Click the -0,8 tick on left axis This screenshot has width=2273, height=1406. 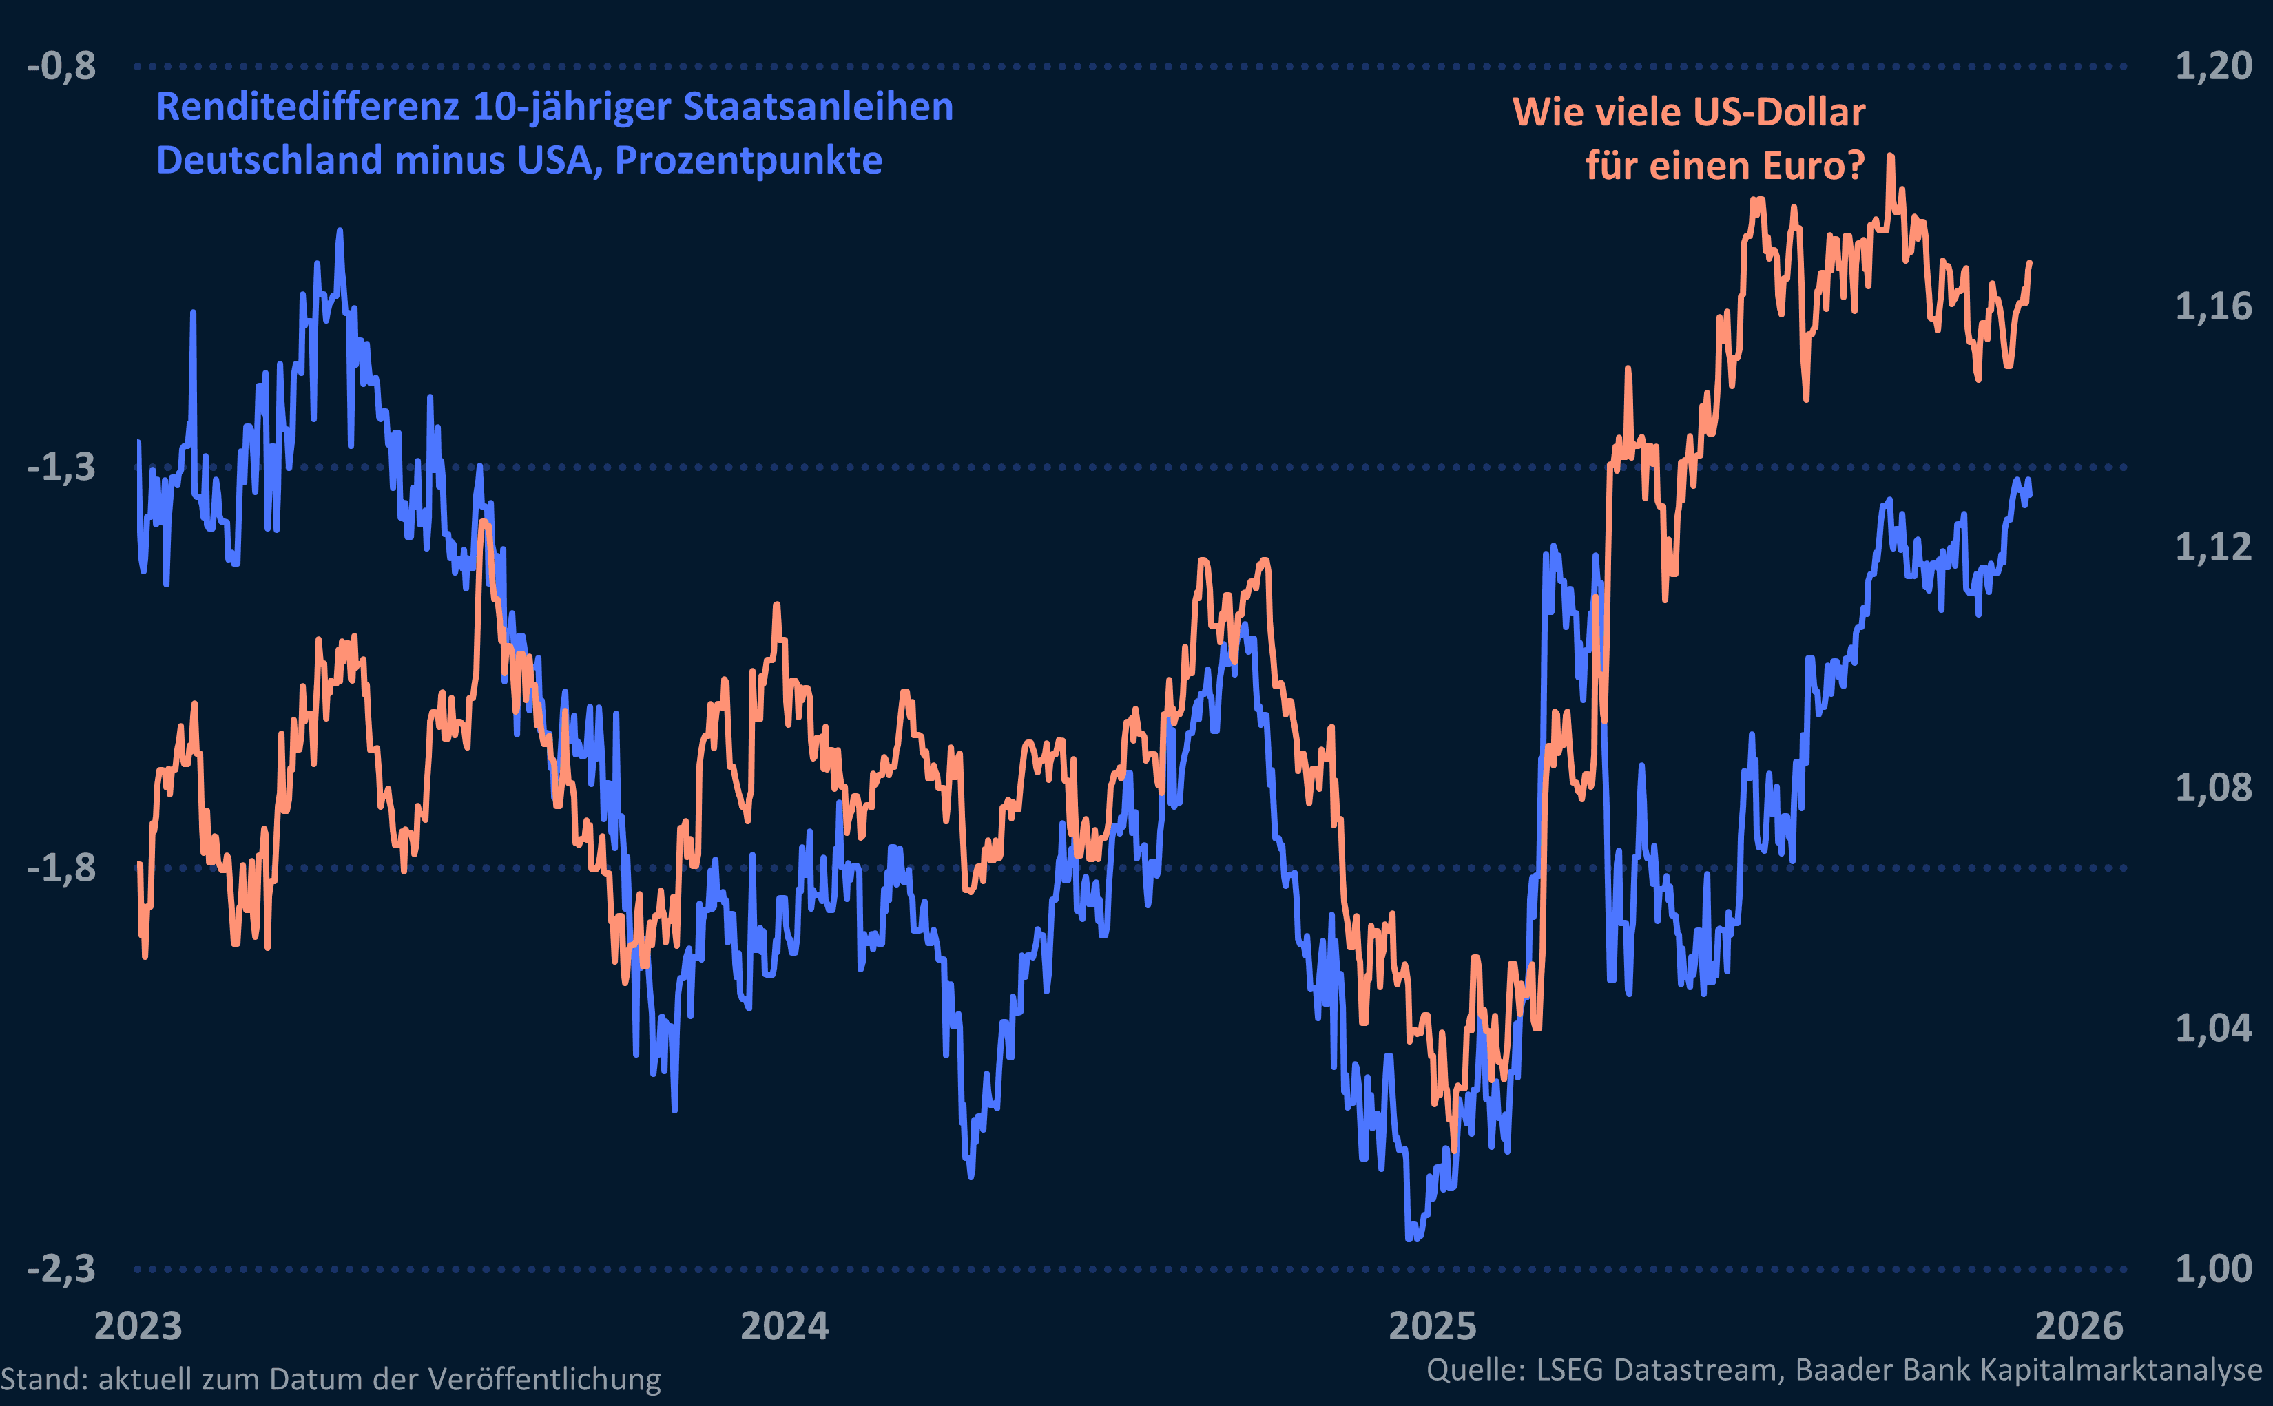coord(61,67)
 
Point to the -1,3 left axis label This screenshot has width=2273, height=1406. coord(61,468)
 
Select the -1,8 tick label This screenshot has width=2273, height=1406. coord(61,868)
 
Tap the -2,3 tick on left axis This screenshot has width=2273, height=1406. coord(61,1269)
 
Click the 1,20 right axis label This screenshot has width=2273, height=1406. coord(2214,67)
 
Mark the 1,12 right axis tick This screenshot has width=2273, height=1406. coord(2214,547)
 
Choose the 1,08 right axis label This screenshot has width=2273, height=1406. coord(2214,788)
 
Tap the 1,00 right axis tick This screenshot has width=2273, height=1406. coord(2214,1269)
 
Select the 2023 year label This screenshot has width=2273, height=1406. coord(138,1327)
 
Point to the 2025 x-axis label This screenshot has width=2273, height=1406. coord(1432,1327)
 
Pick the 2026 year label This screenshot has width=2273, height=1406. coord(2079,1327)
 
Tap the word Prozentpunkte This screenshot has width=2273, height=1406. coord(749,161)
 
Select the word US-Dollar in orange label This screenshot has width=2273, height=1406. coord(1779,112)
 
